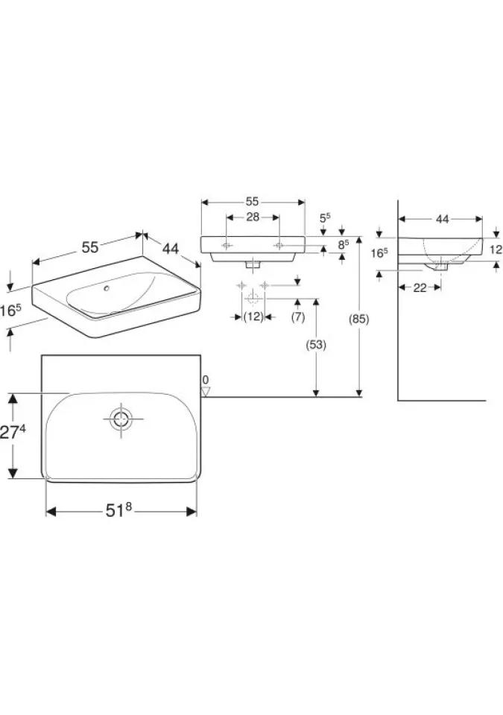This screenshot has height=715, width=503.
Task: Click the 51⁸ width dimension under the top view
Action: pyautogui.click(x=118, y=510)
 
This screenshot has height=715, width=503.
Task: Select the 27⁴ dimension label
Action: pyautogui.click(x=13, y=432)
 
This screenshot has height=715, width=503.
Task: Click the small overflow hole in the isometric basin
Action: pyautogui.click(x=107, y=288)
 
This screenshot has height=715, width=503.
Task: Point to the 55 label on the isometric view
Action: pyautogui.click(x=90, y=247)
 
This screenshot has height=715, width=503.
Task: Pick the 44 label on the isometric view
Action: pyautogui.click(x=170, y=249)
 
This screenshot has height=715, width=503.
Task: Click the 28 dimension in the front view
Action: pyautogui.click(x=253, y=217)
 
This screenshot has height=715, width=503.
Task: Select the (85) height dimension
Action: pyautogui.click(x=358, y=320)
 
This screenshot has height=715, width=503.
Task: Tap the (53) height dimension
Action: pyautogui.click(x=316, y=345)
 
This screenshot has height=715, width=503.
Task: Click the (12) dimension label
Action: pyautogui.click(x=253, y=317)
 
